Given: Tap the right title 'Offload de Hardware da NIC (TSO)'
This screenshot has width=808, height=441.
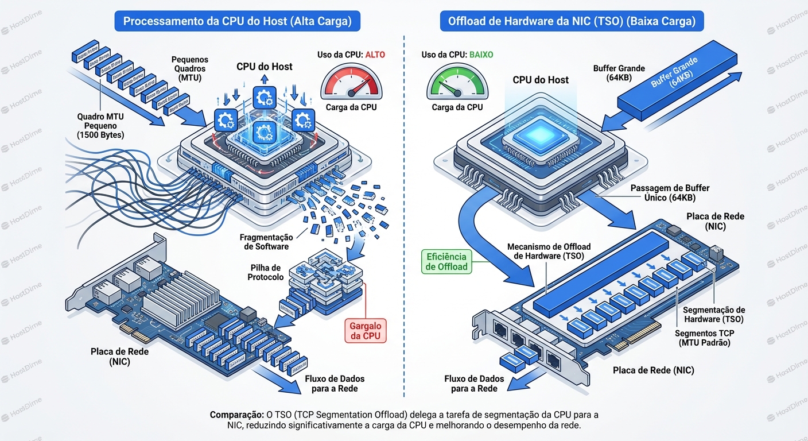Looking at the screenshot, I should (572, 22).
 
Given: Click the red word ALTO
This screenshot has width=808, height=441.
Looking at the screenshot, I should (373, 55).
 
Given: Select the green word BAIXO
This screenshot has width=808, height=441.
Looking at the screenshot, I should (481, 55).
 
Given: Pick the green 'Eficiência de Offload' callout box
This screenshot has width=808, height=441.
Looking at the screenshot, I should (446, 261).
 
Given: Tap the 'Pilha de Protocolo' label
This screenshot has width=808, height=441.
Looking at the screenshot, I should (266, 273).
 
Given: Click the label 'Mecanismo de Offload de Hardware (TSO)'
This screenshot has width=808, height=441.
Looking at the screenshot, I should (549, 252).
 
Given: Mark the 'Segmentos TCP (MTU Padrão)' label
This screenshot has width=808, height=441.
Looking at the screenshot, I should (704, 338).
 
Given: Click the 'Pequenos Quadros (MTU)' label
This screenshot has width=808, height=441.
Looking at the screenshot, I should (190, 68).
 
